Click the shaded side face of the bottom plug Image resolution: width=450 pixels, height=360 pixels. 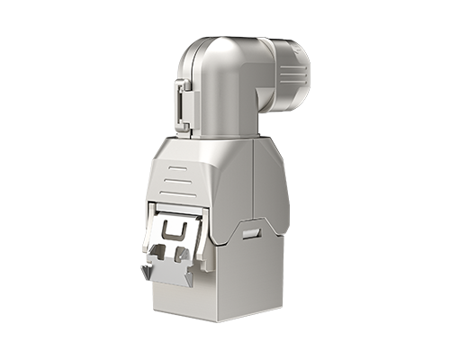256,279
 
